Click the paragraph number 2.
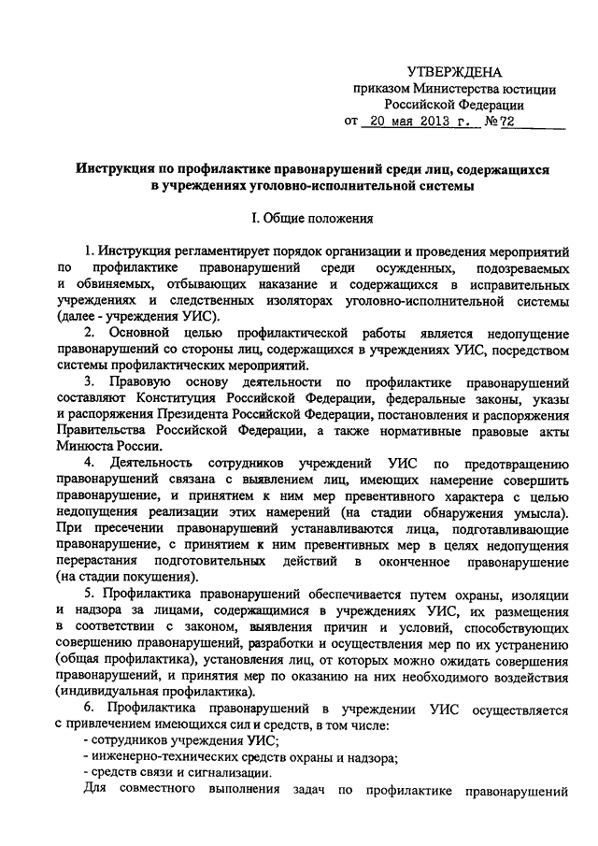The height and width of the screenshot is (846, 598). (89, 333)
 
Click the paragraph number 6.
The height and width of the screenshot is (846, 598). (89, 710)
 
